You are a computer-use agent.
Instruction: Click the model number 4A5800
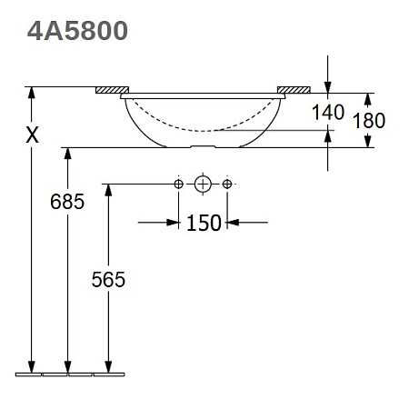pyautogui.click(x=77, y=31)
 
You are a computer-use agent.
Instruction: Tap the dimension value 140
pyautogui.click(x=328, y=112)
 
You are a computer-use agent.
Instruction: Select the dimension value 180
pyautogui.click(x=369, y=121)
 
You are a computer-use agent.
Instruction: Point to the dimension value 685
pyautogui.click(x=67, y=202)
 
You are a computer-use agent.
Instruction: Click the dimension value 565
pyautogui.click(x=108, y=279)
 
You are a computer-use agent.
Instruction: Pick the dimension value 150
pyautogui.click(x=204, y=223)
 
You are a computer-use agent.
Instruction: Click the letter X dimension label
pyautogui.click(x=32, y=135)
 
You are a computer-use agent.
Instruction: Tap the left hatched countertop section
pyautogui.click(x=112, y=90)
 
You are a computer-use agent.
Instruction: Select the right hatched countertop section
pyautogui.click(x=294, y=90)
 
